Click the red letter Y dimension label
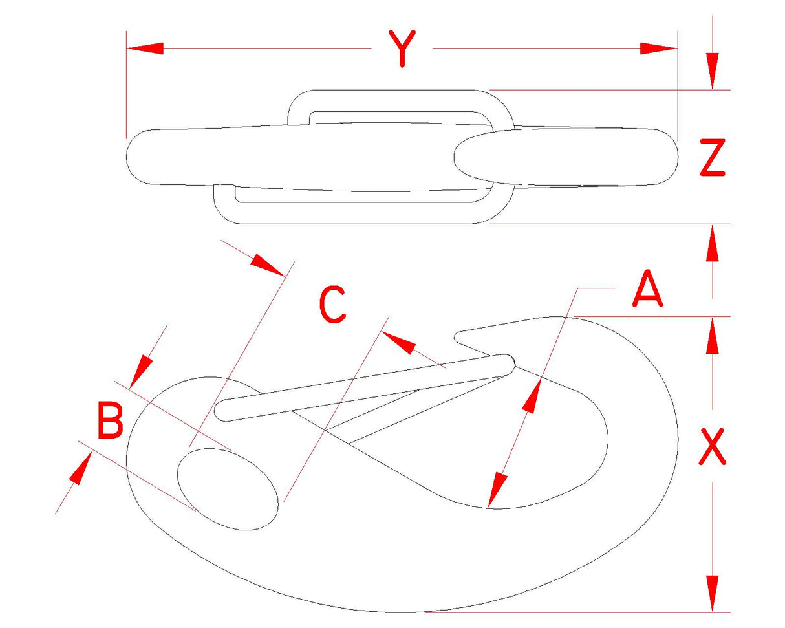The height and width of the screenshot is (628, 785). pos(402,49)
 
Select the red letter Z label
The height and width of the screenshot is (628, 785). pos(712,158)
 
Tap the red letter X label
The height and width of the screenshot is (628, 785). pos(712,447)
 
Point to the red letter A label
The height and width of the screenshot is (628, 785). pos(647,288)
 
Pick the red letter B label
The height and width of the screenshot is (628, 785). pos(110,420)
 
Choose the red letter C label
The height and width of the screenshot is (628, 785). pos(332,304)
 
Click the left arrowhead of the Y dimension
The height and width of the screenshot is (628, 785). pos(145,48)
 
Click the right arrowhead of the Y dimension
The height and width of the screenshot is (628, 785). pos(658,48)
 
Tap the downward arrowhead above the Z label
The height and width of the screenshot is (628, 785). pos(712,71)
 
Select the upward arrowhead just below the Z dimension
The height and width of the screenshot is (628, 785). pos(712,243)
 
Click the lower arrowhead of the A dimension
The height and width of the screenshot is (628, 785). pos(497,490)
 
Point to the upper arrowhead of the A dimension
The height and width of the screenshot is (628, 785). pos(532,396)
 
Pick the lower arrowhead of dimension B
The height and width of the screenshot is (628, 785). pos(81,468)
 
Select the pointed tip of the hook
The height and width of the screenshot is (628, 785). pos(456,337)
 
